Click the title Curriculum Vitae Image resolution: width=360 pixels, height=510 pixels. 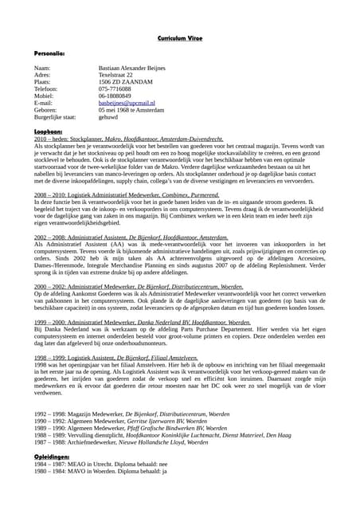[180, 38]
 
